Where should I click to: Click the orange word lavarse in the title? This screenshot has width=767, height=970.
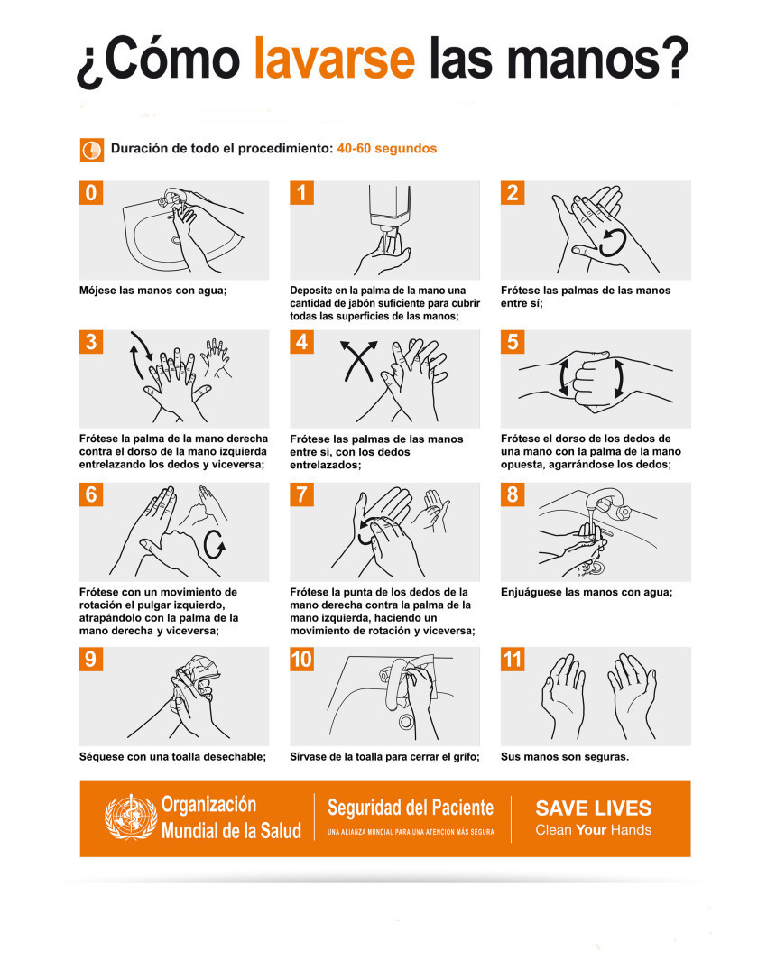(335, 58)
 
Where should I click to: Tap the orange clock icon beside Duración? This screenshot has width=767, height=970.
(91, 151)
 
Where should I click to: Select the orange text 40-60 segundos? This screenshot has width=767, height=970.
(386, 149)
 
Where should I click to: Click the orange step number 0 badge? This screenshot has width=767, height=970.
(91, 192)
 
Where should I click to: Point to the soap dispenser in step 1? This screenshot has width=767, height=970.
(390, 209)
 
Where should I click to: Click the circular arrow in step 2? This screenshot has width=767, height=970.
(613, 242)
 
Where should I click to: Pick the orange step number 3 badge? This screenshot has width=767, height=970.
(91, 341)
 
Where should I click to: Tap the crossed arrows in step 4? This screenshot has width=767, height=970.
(359, 361)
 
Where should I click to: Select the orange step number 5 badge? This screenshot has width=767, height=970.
(513, 341)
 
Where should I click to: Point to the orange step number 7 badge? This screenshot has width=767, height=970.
(302, 494)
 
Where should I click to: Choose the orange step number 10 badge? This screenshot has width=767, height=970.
(302, 660)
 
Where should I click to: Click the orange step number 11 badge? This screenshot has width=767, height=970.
(513, 660)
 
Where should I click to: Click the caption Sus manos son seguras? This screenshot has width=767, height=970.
(565, 756)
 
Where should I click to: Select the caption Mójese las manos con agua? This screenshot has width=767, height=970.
(152, 291)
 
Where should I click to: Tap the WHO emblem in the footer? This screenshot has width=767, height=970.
(131, 818)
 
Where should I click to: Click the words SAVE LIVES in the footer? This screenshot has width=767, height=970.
(593, 808)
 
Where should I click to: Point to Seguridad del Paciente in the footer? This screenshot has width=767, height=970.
(411, 808)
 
